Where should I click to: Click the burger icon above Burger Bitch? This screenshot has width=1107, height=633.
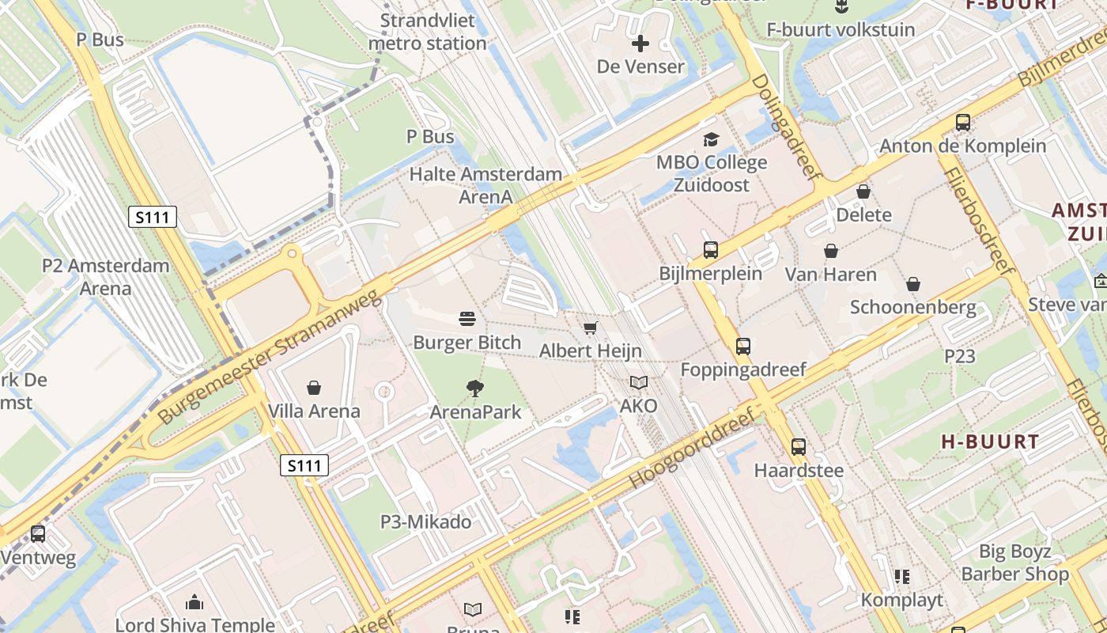(467, 319)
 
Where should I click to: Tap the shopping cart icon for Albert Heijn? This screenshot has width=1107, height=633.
(590, 328)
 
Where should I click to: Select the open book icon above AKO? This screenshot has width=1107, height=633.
(639, 383)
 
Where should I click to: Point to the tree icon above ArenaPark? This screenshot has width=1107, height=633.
(475, 388)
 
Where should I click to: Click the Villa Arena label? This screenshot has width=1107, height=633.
(314, 411)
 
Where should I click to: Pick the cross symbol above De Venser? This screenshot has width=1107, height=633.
(640, 44)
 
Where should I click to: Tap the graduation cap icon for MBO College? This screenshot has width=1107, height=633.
(712, 140)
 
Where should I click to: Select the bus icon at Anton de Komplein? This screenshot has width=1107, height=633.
(963, 123)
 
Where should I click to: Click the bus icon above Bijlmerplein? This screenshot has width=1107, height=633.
(711, 250)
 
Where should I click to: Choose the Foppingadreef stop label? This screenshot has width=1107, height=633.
(743, 370)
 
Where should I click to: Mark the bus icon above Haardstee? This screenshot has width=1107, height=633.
(799, 447)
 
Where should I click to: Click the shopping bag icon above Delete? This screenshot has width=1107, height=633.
(863, 191)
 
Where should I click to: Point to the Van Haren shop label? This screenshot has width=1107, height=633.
(830, 275)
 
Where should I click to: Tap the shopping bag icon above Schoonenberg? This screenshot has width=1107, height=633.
(913, 284)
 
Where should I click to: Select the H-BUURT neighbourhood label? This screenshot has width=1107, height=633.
(990, 442)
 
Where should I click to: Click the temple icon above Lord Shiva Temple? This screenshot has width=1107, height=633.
(195, 603)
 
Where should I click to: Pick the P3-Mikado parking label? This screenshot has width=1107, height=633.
(425, 521)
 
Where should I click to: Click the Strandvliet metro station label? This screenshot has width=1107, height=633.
(428, 32)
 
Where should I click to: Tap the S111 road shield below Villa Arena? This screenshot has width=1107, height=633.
(304, 465)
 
